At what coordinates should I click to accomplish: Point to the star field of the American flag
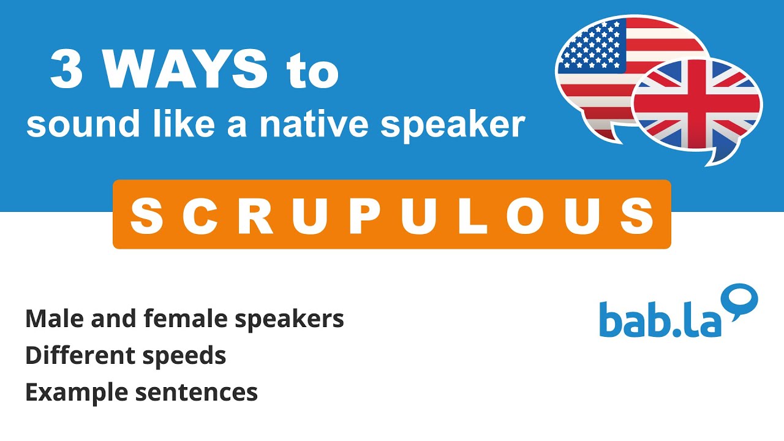(x=590, y=46)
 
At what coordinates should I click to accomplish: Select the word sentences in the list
(x=196, y=393)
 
